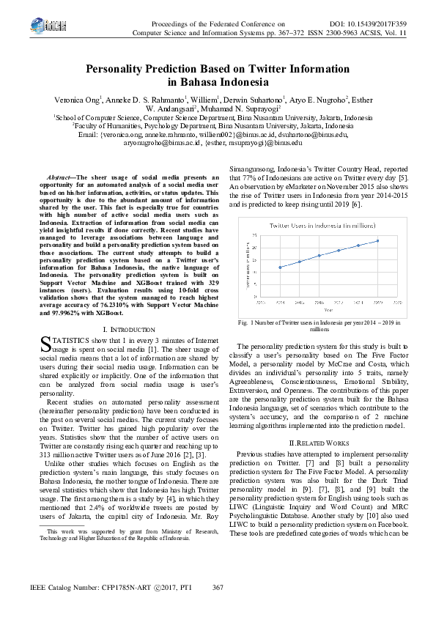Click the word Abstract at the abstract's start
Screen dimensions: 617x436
pos(59,177)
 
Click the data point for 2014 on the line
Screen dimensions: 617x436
pos(280,267)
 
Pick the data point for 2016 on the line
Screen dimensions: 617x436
pos(319,255)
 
